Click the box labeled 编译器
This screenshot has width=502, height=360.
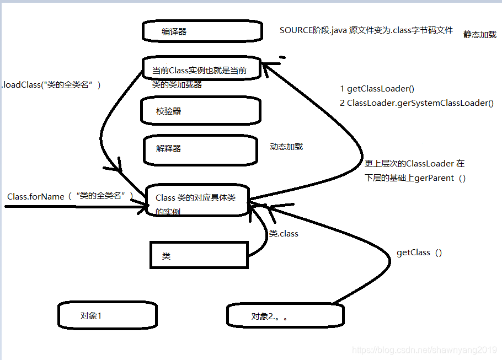click(201, 31)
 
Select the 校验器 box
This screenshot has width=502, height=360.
click(201, 111)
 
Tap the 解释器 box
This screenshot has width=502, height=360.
click(200, 149)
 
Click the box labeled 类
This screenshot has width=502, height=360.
click(199, 256)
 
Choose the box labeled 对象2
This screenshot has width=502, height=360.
click(285, 315)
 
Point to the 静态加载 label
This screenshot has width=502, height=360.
click(479, 34)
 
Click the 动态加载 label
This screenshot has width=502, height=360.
click(286, 147)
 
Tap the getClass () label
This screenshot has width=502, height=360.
click(419, 252)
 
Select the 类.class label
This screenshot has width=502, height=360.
click(284, 234)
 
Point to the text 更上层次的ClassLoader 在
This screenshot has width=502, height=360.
click(414, 164)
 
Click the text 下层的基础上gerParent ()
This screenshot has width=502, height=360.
click(415, 178)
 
